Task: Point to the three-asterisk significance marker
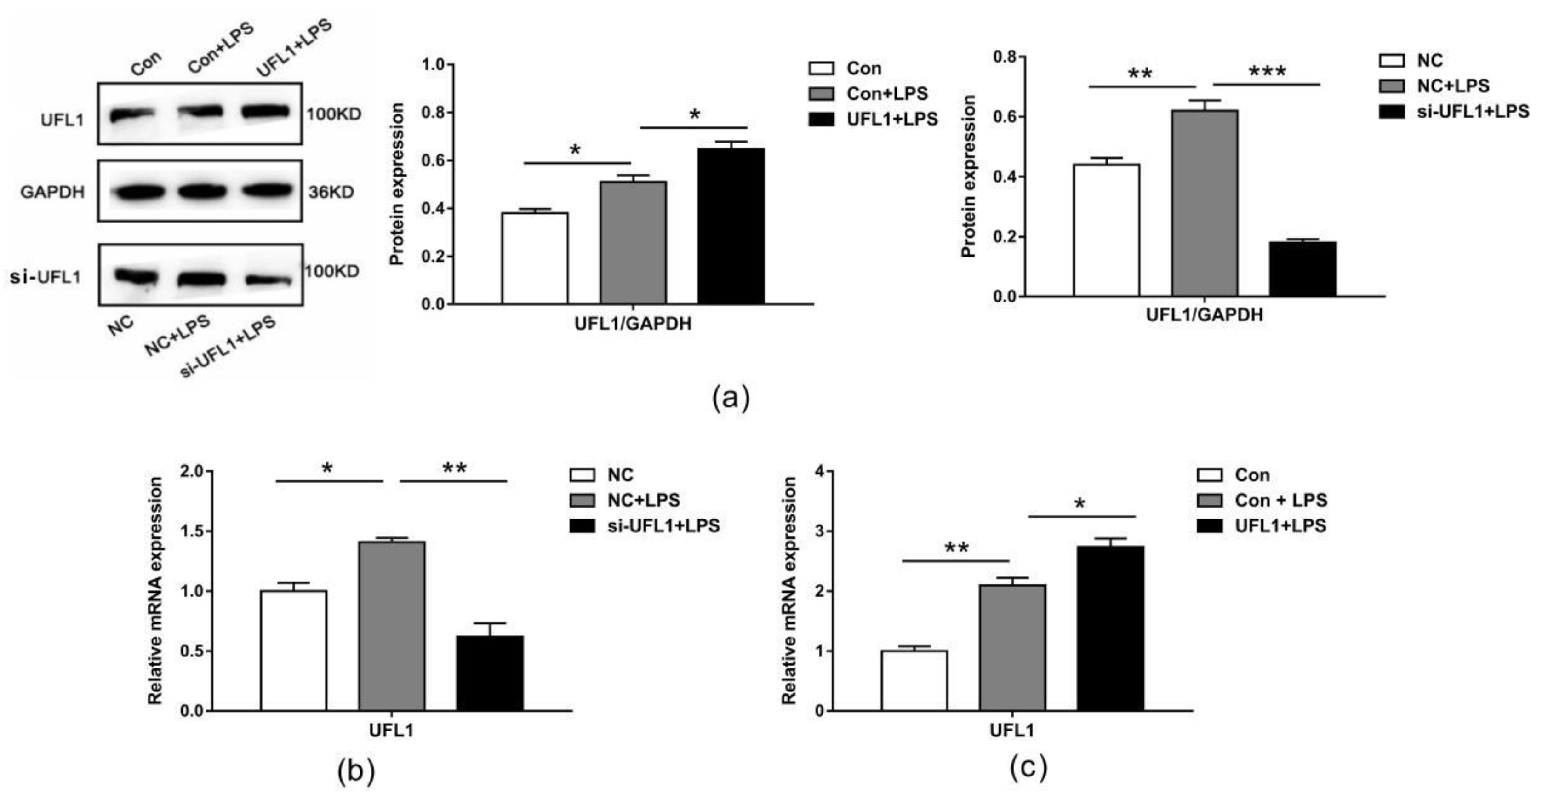tap(1268, 72)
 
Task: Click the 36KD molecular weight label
tap(331, 192)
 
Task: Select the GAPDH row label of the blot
tap(52, 192)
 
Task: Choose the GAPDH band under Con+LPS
tap(200, 191)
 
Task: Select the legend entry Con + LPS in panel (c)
tap(1280, 500)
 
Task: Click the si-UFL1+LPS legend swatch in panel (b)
tap(582, 525)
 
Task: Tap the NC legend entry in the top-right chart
tap(1429, 60)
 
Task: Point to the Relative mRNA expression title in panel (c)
tap(789, 591)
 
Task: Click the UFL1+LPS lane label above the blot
tap(293, 48)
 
